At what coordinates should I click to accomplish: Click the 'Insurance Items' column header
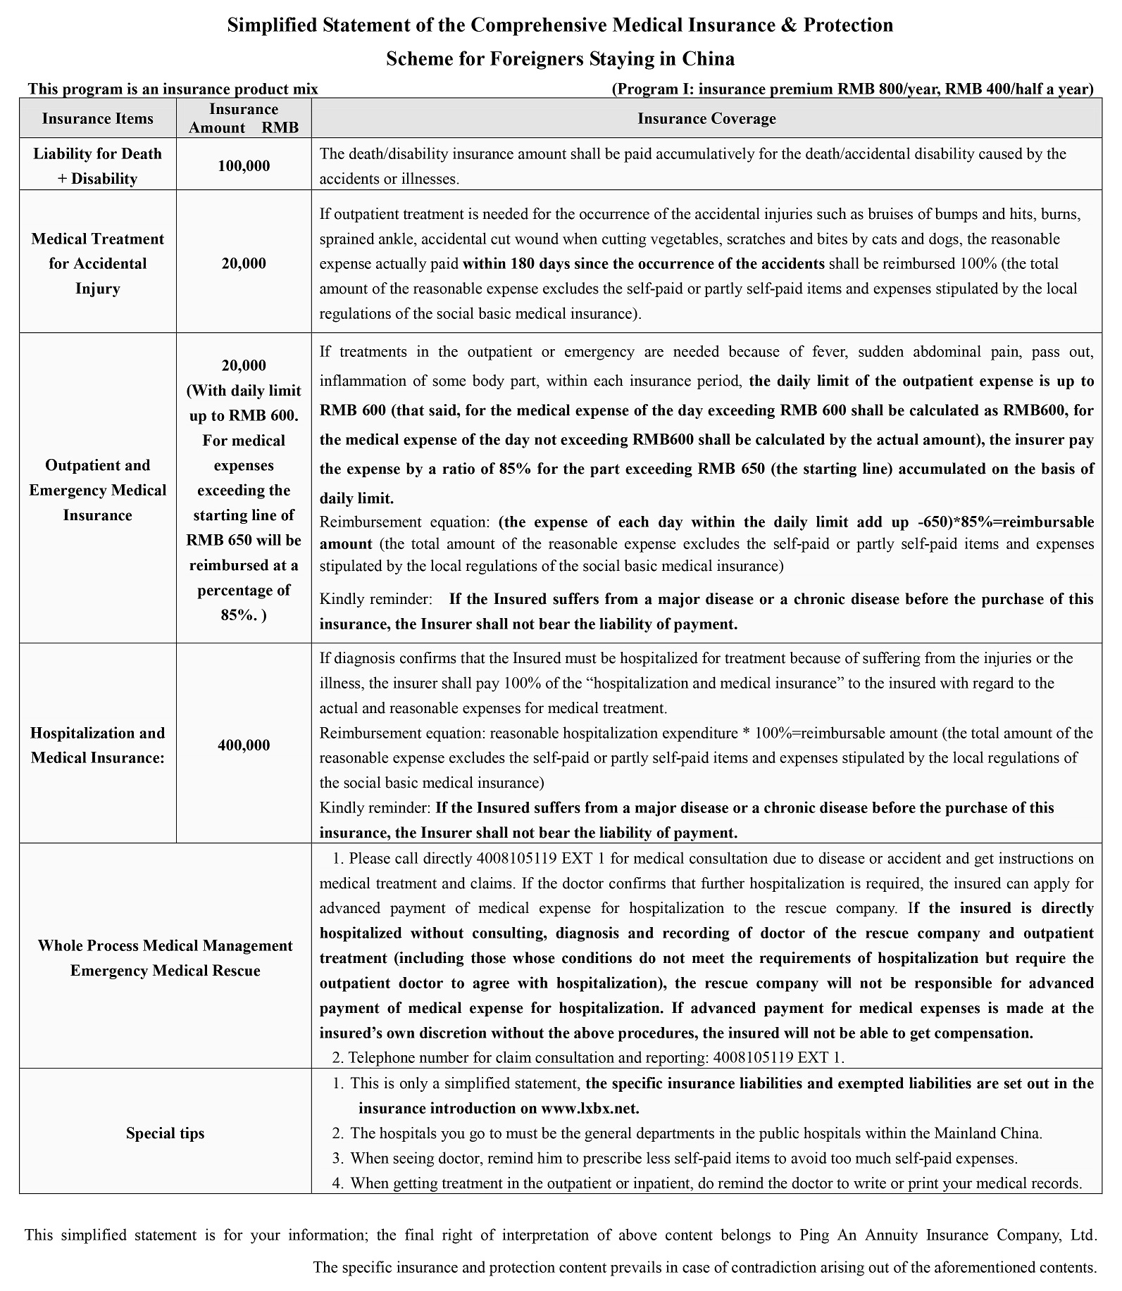97,118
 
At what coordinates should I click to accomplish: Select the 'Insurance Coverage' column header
706,118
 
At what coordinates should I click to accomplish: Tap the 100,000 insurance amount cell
244,166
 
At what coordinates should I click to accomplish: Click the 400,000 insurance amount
244,745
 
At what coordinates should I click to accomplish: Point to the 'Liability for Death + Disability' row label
97,166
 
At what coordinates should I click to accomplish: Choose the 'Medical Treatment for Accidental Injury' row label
97,263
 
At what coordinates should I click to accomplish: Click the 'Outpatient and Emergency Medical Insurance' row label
97,490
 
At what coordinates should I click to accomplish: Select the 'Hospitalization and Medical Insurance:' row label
97,745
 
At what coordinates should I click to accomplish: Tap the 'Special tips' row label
165,1133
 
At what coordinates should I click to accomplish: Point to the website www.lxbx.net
589,1108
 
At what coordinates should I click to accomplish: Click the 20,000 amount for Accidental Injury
244,263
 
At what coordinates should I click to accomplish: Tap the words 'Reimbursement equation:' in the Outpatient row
404,522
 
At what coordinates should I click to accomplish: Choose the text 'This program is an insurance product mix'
173,89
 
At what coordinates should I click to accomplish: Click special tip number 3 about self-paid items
683,1158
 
